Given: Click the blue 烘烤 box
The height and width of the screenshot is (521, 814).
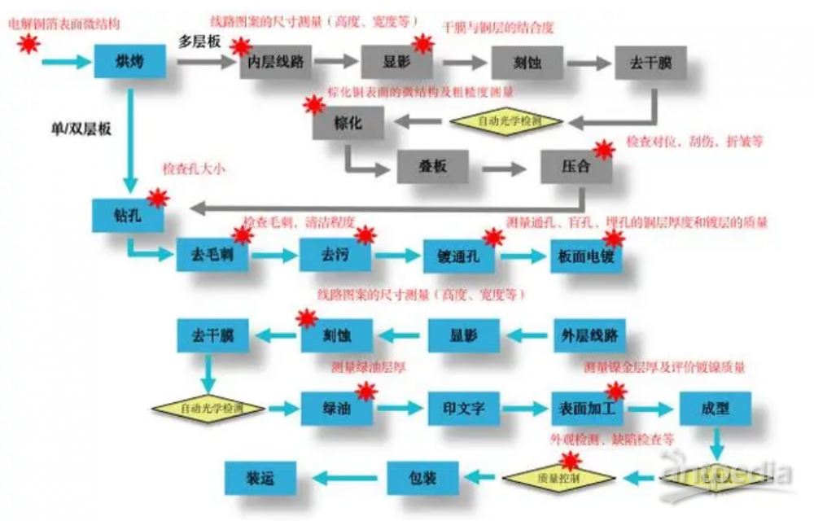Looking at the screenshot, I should (130, 61).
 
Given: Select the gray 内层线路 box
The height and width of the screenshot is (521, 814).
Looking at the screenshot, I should (277, 62).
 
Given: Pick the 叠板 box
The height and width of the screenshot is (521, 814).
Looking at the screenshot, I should (433, 169).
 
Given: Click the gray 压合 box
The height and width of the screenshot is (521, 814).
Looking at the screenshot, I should (576, 168).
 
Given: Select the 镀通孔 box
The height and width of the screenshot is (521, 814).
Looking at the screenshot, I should (459, 256).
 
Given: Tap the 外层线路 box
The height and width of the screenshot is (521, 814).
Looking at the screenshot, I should (589, 335).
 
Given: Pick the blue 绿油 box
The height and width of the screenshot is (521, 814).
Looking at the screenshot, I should (337, 409).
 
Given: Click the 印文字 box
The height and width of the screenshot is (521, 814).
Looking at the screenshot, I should (463, 409).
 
